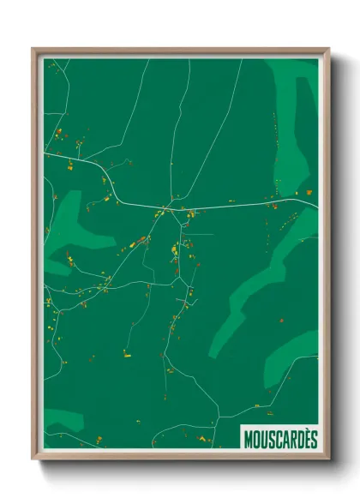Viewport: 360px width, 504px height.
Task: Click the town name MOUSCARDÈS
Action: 280,439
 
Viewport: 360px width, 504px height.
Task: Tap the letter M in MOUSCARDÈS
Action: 248,439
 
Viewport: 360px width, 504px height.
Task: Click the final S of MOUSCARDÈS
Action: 314,439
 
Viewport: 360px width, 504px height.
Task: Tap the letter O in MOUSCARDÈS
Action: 255,439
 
